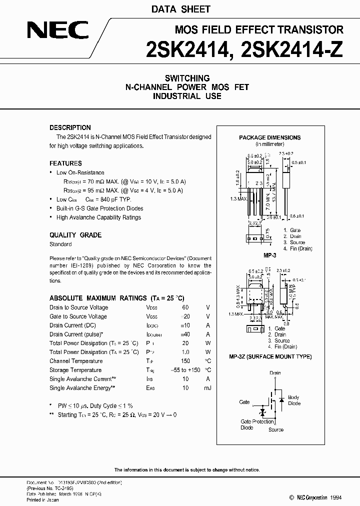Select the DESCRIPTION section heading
pyautogui.click(x=70, y=127)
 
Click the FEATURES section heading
pyautogui.click(x=65, y=163)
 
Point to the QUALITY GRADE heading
pyautogui.click(x=75, y=235)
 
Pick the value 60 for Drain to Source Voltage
pyautogui.click(x=185, y=307)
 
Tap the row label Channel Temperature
pyautogui.click(x=76, y=361)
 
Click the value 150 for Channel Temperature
pyautogui.click(x=185, y=361)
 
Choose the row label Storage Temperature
pyautogui.click(x=75, y=370)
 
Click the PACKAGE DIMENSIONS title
pyautogui.click(x=269, y=137)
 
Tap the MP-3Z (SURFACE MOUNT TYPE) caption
pyautogui.click(x=270, y=356)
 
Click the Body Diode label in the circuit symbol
pyautogui.click(x=294, y=400)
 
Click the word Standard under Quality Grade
pyautogui.click(x=60, y=244)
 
